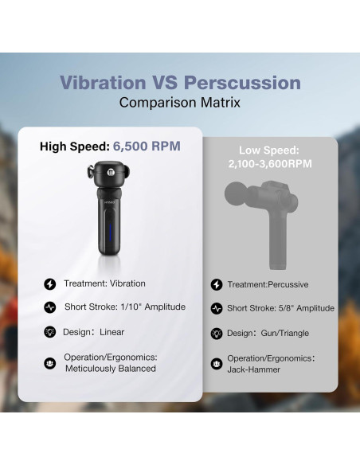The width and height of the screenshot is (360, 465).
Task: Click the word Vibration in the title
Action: pos(103,83)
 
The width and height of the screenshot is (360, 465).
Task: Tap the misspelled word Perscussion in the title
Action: pos(242,83)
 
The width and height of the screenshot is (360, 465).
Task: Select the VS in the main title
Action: pos(165,83)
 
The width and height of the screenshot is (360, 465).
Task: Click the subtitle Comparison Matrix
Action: pos(180,103)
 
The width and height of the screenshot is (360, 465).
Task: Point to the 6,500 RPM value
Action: pos(147,147)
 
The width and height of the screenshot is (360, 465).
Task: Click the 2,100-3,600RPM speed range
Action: pos(270,164)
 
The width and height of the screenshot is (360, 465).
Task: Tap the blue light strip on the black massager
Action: pos(110,232)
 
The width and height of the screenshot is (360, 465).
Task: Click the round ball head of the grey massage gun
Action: pos(236,193)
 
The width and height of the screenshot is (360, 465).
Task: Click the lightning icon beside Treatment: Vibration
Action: pos(50,283)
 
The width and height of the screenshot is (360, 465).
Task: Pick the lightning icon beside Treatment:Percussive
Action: pos(217,285)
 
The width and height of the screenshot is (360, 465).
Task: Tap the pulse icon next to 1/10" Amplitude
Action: pos(50,307)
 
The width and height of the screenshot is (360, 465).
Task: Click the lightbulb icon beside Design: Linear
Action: pos(50,332)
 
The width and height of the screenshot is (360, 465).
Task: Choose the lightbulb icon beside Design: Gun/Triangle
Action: pos(217,334)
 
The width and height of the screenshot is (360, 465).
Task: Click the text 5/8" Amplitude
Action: pos(307,308)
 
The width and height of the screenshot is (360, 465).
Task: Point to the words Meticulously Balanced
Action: pos(111,369)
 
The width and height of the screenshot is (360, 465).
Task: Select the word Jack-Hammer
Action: pos(254,369)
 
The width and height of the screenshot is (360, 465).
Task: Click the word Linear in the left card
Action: pos(112,332)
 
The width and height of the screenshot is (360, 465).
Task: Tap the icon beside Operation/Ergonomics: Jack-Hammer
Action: pos(217,364)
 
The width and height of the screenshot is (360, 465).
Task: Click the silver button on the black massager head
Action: pos(111,171)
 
